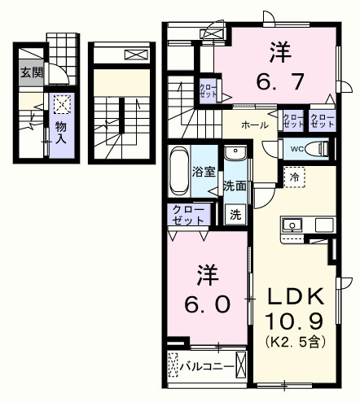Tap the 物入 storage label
[61, 133]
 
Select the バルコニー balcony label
[208, 366]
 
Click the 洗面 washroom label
[235, 185]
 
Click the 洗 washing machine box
[235, 216]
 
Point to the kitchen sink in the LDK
[292, 225]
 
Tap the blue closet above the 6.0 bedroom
[187, 214]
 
